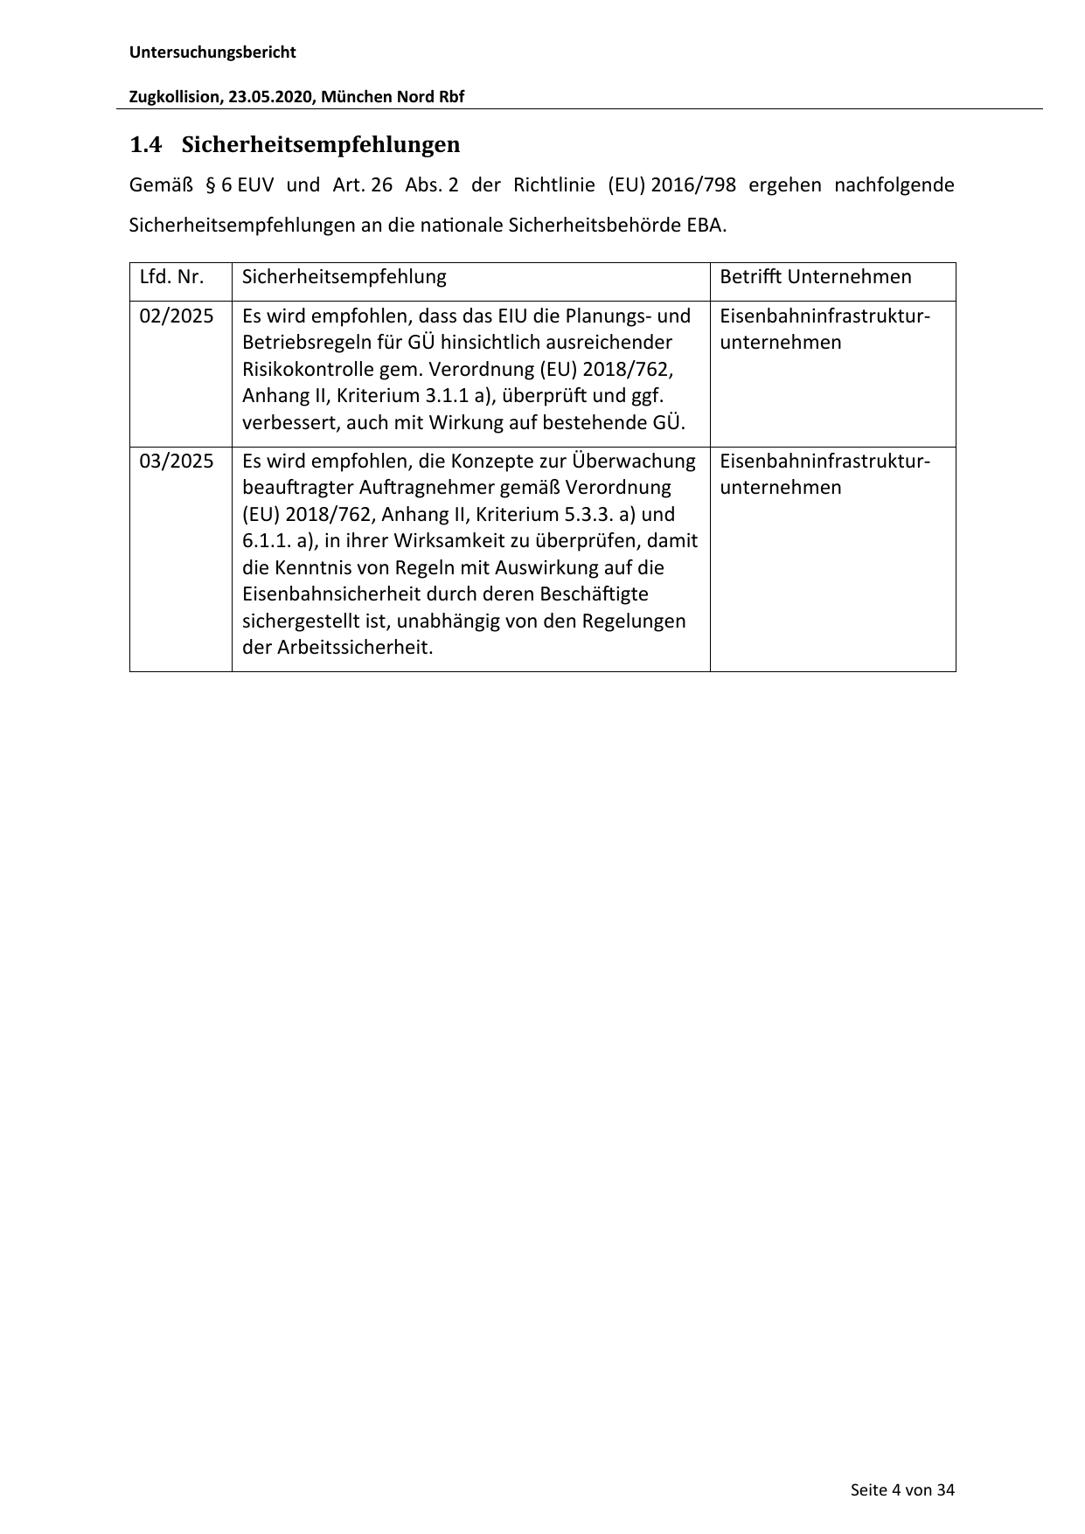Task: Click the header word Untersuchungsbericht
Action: click(x=212, y=52)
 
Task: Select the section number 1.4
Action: click(x=146, y=144)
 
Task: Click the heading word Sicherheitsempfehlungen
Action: click(x=321, y=144)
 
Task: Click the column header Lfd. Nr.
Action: click(x=171, y=277)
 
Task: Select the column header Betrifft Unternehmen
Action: click(x=815, y=277)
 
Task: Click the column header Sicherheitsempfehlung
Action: click(x=344, y=277)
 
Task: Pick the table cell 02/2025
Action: click(x=177, y=316)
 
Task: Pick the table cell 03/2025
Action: click(x=177, y=461)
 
